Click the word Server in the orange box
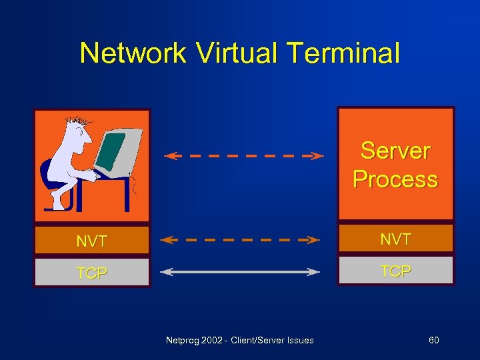pos(395,150)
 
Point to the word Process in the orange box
pos(395,179)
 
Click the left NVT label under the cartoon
pos(91,241)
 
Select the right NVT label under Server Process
pos(395,239)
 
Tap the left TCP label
pos(91,273)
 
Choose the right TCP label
pos(395,271)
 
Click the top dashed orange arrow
pos(243,156)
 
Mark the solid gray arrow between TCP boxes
pos(241,271)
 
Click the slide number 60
pos(433,341)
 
